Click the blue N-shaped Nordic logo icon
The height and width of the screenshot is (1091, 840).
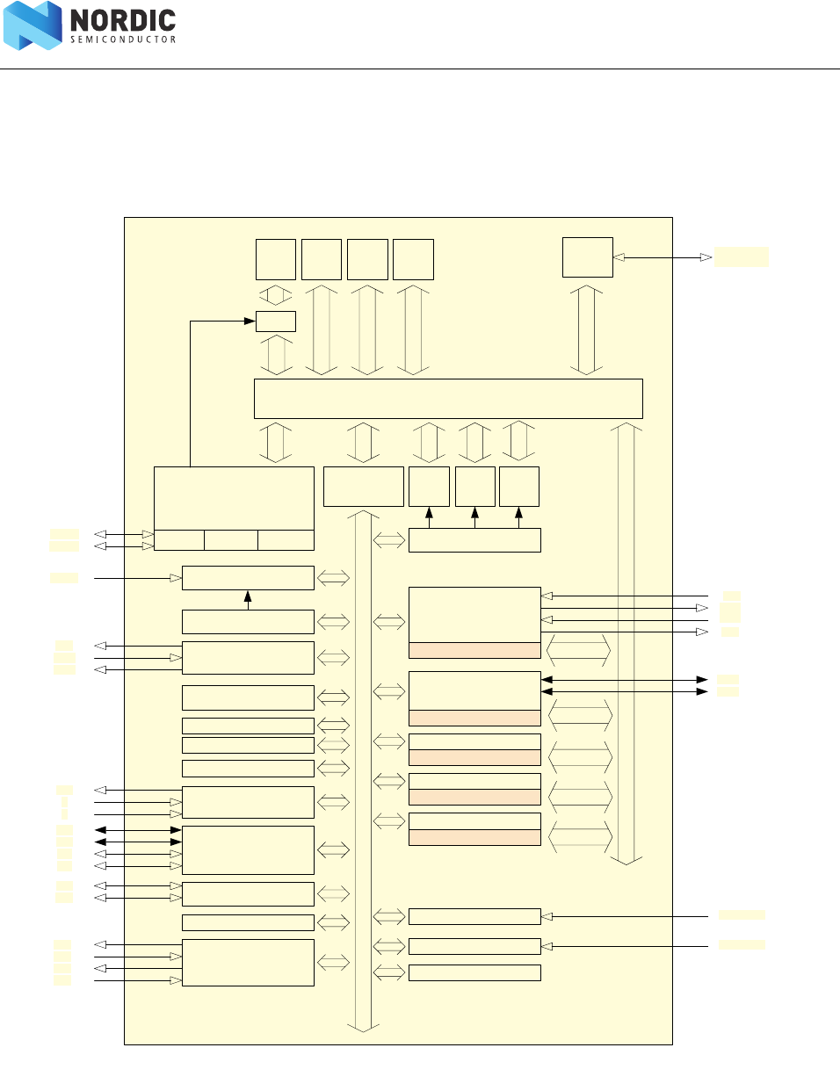tap(33, 25)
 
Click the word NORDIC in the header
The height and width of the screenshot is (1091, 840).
tap(123, 20)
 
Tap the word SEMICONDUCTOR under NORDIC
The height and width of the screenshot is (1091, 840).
tap(123, 40)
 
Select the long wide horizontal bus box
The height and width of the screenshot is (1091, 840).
tap(448, 399)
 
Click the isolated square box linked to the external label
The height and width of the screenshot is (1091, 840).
tap(587, 257)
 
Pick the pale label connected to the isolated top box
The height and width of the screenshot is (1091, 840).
tap(741, 256)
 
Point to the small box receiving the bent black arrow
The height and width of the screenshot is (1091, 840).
tap(275, 322)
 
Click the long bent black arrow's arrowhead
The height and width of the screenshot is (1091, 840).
tap(250, 322)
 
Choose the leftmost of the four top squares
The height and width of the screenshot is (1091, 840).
tap(275, 259)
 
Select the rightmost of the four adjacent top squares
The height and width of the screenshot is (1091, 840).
tap(413, 259)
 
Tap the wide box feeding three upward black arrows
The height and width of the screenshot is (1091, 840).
tap(474, 540)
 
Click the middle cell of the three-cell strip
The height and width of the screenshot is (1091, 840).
tap(231, 540)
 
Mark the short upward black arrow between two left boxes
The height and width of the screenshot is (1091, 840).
tap(248, 600)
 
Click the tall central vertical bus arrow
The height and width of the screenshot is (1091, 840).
tap(363, 773)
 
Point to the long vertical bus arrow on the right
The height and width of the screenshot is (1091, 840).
tap(626, 641)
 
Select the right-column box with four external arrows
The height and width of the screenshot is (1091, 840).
tap(474, 615)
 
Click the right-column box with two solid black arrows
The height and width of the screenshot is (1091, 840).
tap(474, 691)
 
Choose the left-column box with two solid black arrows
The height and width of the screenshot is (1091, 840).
tap(248, 849)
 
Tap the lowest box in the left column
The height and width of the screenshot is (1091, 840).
tap(248, 962)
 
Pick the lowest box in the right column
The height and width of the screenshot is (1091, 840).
tap(474, 972)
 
